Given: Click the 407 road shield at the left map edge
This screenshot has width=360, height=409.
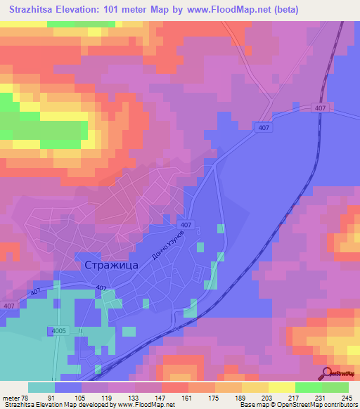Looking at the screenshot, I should click(8, 306).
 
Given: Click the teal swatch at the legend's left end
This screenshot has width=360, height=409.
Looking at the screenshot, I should click(41, 387).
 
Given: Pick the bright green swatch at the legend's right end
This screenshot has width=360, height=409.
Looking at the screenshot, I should click(335, 387).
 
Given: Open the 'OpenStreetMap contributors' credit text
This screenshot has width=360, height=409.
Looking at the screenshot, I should click(323, 405).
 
